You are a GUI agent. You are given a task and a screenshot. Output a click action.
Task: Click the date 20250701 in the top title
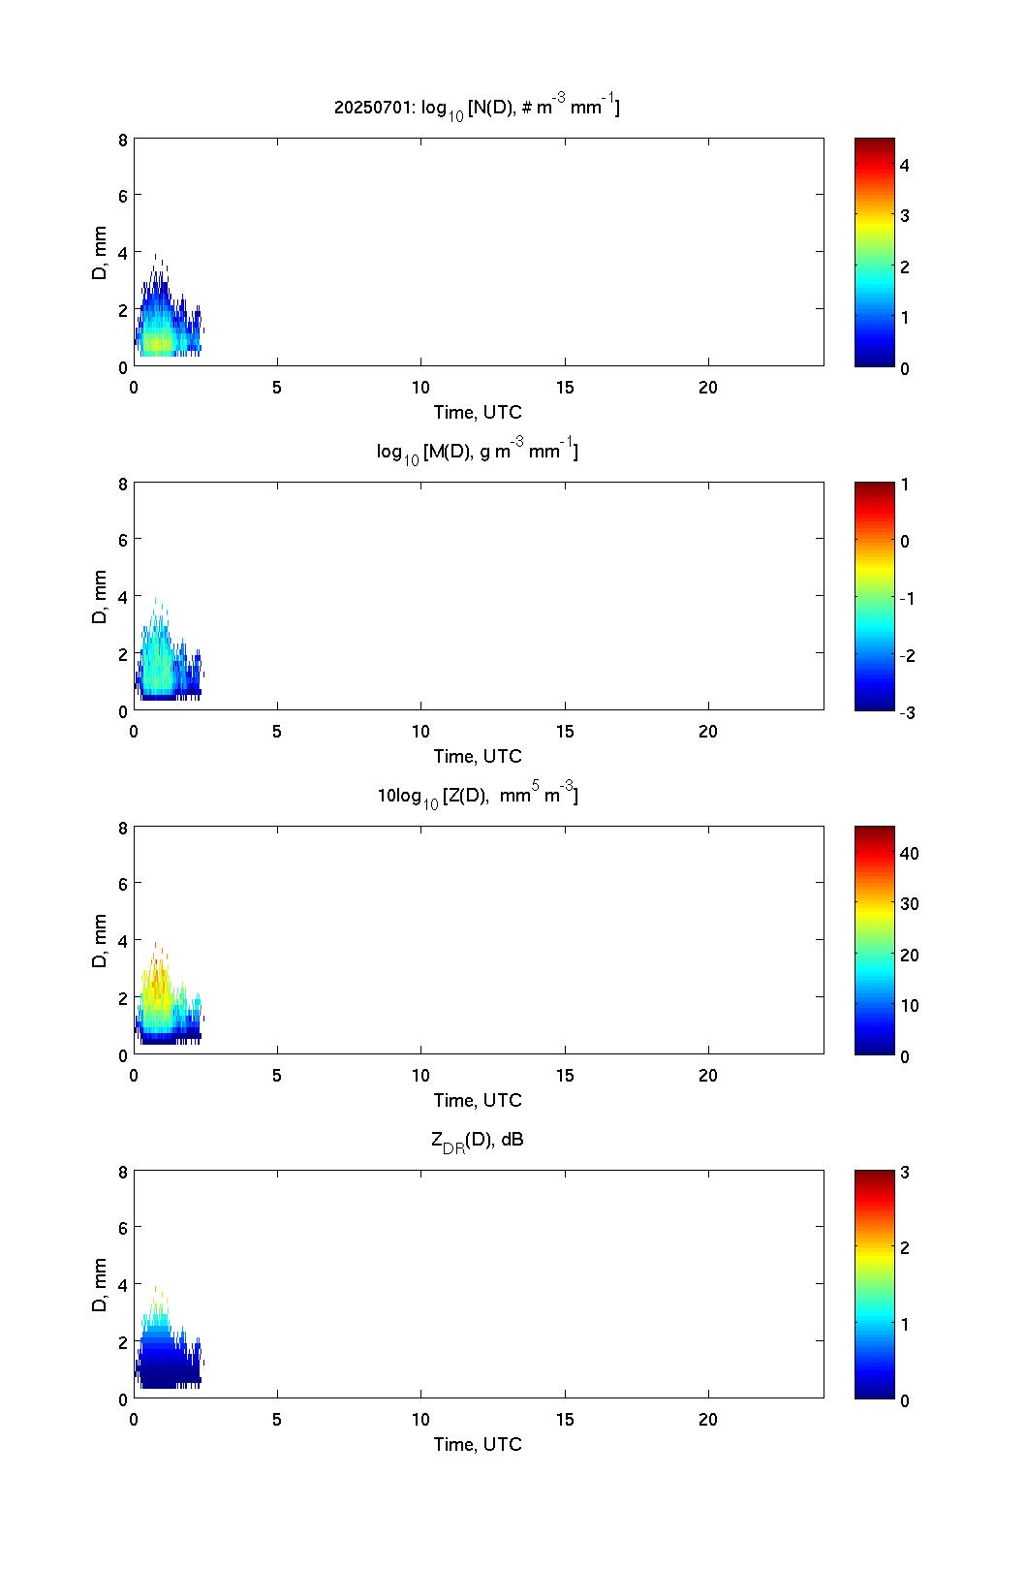pyautogui.click(x=360, y=108)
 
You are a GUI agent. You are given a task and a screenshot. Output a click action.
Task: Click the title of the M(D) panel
pyautogui.click(x=477, y=452)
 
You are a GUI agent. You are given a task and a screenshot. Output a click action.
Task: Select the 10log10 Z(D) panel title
pyautogui.click(x=477, y=796)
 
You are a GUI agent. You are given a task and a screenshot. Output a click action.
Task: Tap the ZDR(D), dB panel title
pyautogui.click(x=477, y=1141)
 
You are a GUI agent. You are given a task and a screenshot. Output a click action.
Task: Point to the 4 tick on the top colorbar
pyautogui.click(x=905, y=166)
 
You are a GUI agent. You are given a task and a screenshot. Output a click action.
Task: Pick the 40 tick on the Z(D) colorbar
pyautogui.click(x=909, y=854)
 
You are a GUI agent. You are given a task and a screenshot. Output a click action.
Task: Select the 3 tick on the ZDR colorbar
pyautogui.click(x=905, y=1173)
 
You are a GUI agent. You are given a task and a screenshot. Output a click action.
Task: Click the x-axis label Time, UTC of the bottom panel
pyautogui.click(x=477, y=1444)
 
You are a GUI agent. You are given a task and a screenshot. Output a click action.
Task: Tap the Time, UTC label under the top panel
pyautogui.click(x=477, y=412)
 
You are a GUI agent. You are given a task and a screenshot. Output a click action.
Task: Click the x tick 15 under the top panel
pyautogui.click(x=565, y=388)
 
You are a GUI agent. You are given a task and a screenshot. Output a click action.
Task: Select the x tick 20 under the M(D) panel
pyautogui.click(x=708, y=732)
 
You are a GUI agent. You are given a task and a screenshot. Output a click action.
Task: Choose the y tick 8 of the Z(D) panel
pyautogui.click(x=123, y=828)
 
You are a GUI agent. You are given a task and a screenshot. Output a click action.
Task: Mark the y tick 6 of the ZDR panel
pyautogui.click(x=123, y=1228)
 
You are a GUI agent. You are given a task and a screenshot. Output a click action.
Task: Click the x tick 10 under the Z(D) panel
pyautogui.click(x=420, y=1076)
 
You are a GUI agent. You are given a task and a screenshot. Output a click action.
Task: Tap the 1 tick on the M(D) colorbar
pyautogui.click(x=905, y=485)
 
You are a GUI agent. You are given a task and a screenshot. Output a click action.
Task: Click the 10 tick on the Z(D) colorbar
pyautogui.click(x=909, y=1006)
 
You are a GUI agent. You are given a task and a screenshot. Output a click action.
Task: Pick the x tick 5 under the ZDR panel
pyautogui.click(x=277, y=1420)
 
